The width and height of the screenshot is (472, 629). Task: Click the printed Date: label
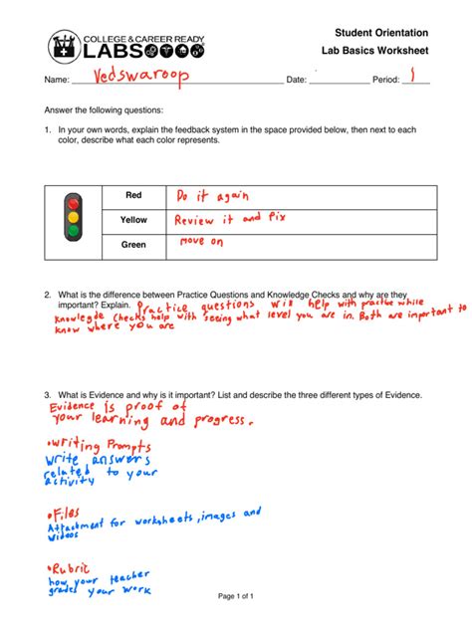tap(297, 79)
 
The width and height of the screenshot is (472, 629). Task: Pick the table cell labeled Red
tap(133, 195)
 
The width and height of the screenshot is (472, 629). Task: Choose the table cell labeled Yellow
tap(133, 219)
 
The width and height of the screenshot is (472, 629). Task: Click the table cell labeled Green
tap(133, 244)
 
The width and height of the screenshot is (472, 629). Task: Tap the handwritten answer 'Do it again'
tap(211, 195)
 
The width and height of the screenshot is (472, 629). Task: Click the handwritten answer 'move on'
tap(201, 242)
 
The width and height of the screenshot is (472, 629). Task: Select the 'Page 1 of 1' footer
tap(236, 596)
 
